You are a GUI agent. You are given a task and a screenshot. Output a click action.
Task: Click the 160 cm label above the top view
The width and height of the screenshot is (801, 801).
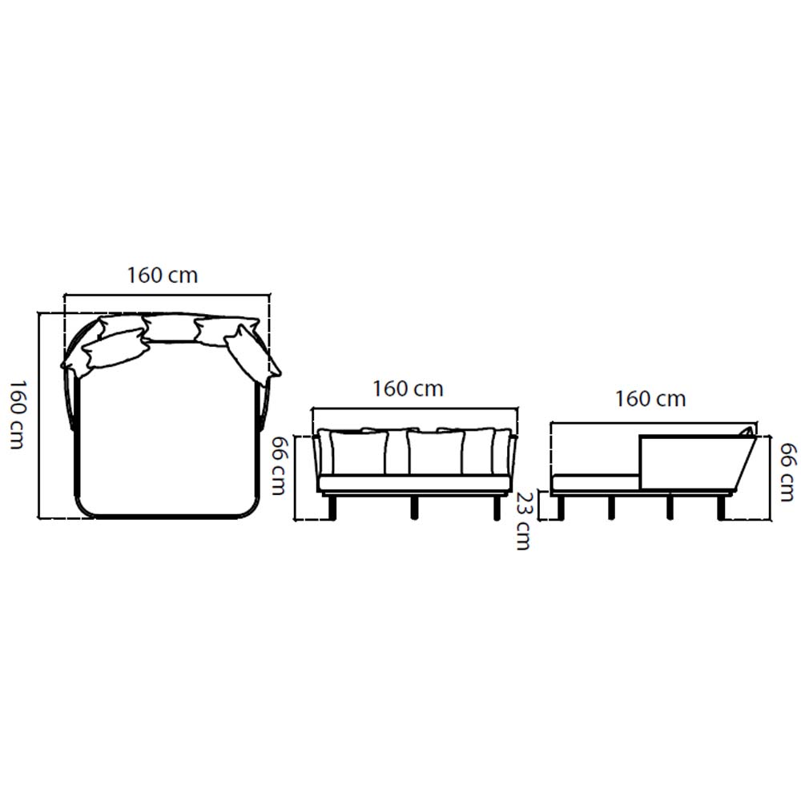tap(162, 276)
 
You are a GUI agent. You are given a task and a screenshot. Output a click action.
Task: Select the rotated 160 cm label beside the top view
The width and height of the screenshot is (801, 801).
tap(18, 414)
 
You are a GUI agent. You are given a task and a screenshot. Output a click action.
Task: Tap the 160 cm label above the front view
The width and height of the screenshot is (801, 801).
tap(408, 389)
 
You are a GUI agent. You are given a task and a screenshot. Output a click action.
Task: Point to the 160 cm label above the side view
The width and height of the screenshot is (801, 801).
tap(650, 399)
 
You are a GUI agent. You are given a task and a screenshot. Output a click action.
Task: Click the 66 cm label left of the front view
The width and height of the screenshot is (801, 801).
tap(278, 465)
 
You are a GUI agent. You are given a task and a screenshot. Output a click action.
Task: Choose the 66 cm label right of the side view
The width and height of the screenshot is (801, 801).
tap(787, 472)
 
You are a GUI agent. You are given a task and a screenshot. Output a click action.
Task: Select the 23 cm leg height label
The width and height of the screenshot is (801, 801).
tap(523, 521)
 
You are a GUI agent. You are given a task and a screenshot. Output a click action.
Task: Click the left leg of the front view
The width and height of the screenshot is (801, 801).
tap(333, 508)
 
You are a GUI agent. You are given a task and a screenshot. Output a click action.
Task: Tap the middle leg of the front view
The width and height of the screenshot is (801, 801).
tap(414, 508)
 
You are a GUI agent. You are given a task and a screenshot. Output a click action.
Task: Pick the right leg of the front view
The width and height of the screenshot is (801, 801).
tap(496, 508)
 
